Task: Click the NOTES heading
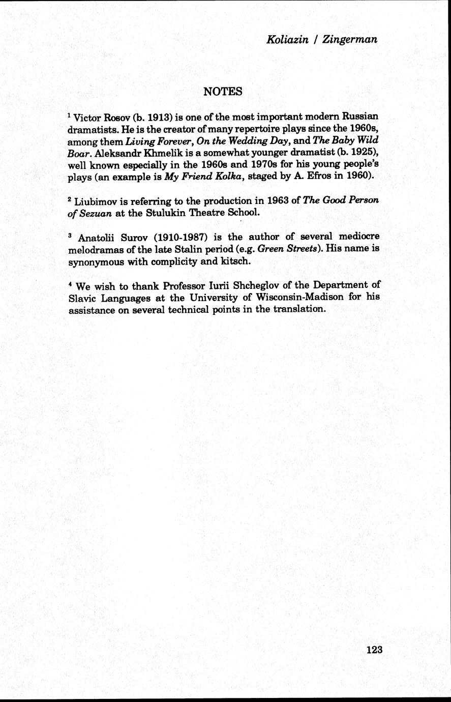pyautogui.click(x=222, y=92)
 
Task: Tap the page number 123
pyautogui.click(x=374, y=650)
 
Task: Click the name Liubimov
pyautogui.click(x=97, y=201)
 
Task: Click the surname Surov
pyautogui.click(x=124, y=237)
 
